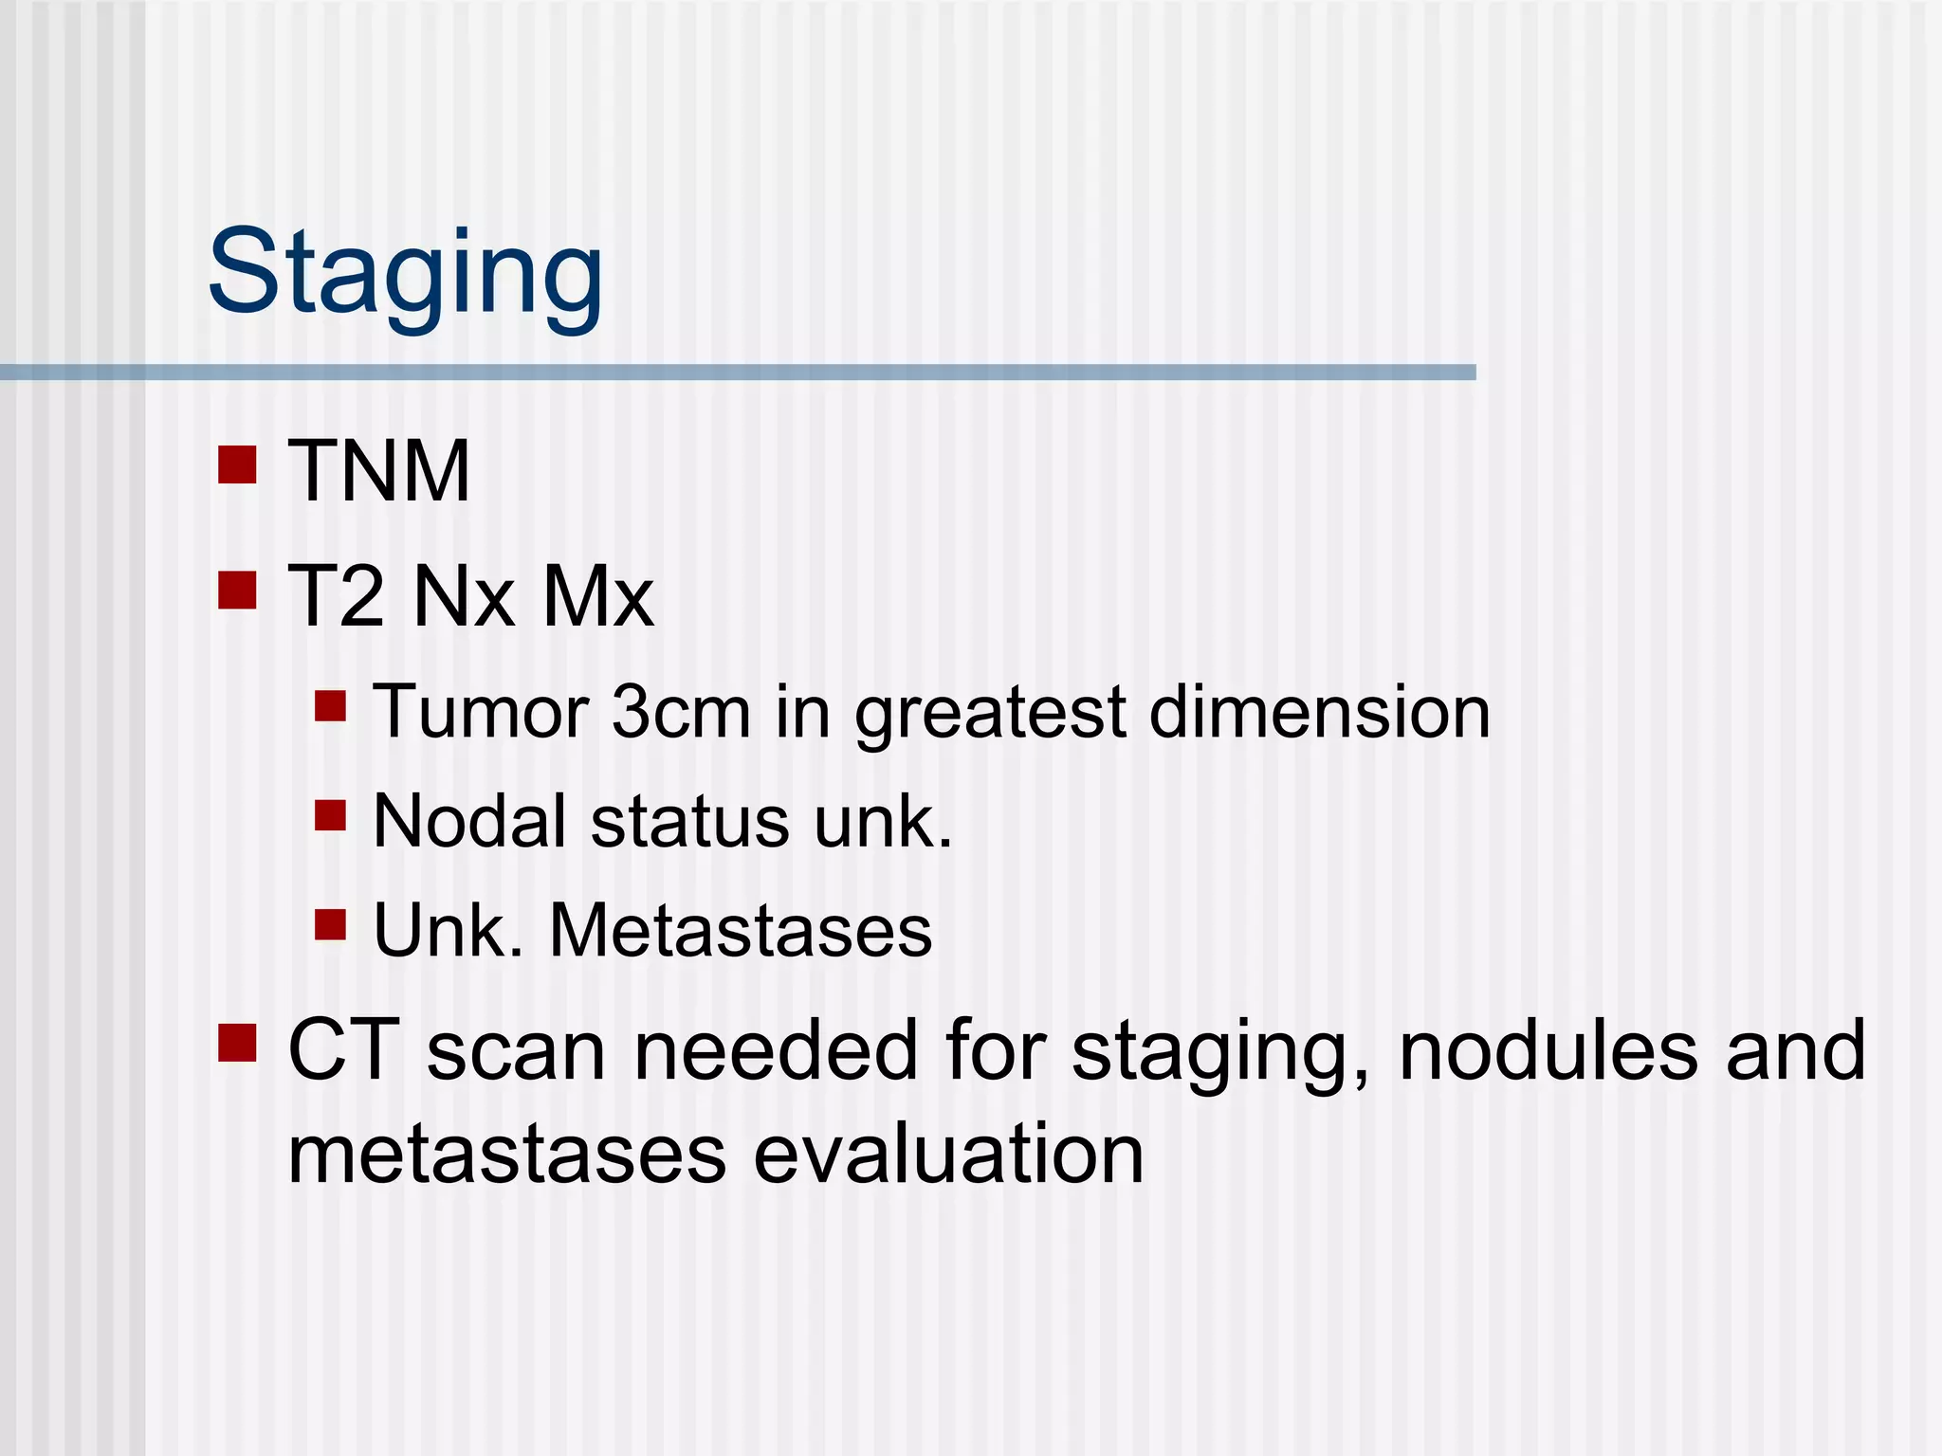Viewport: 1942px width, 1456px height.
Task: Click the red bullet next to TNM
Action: pyautogui.click(x=237, y=464)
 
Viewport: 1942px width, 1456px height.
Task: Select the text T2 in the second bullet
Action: pyautogui.click(x=336, y=596)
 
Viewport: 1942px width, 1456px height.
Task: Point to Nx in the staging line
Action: pyautogui.click(x=464, y=596)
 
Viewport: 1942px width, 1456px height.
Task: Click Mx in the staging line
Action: pyautogui.click(x=597, y=596)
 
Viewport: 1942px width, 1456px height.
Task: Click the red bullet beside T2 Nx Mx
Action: pyautogui.click(x=237, y=590)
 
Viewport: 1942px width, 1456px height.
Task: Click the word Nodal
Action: pyautogui.click(x=470, y=821)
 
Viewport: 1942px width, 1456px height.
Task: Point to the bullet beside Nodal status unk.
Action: pyautogui.click(x=330, y=815)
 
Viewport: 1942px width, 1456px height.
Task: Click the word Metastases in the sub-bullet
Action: pyautogui.click(x=741, y=931)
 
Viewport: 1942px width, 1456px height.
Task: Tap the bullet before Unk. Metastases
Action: pyautogui.click(x=330, y=924)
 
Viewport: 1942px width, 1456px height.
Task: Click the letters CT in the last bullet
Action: pyautogui.click(x=343, y=1050)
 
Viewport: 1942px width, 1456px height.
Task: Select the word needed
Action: pyautogui.click(x=776, y=1050)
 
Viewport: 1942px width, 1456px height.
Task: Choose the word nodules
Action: pyautogui.click(x=1548, y=1050)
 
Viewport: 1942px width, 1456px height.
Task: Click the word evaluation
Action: pyautogui.click(x=948, y=1155)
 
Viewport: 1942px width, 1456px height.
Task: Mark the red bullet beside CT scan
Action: pyautogui.click(x=237, y=1043)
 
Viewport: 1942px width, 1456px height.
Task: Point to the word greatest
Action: pyautogui.click(x=990, y=713)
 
